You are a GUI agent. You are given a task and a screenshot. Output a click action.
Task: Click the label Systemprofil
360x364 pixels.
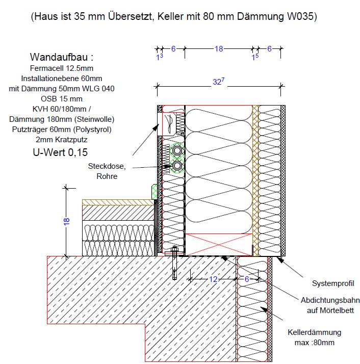pos(333,283)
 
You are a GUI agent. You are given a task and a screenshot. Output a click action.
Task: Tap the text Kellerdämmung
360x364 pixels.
pos(315,332)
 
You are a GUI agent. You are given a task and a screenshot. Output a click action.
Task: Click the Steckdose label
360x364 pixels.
pos(107,166)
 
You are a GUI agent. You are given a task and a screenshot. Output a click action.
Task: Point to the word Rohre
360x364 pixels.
pos(107,176)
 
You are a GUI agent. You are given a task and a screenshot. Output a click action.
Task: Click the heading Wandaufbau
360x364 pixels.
pos(62,57)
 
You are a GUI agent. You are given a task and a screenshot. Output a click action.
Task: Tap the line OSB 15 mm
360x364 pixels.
pos(62,98)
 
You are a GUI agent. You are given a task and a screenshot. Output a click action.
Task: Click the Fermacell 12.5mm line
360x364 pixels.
pos(62,68)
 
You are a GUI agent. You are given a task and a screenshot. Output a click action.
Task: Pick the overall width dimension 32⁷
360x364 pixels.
pos(218,82)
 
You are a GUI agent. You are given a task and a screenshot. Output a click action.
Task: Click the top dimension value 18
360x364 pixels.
pos(218,49)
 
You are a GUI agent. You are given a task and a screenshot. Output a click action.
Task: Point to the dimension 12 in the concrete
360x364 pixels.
pos(213,279)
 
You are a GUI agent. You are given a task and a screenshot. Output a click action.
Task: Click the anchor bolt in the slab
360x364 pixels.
pos(174,263)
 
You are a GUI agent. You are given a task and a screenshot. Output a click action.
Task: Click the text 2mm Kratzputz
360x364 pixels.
pos(62,139)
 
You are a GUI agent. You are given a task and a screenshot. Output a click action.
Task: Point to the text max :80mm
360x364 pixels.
pos(315,343)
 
